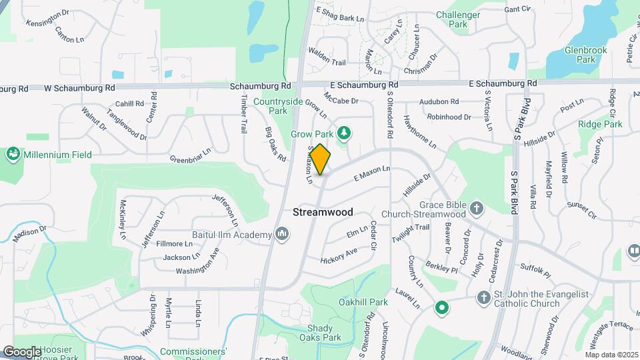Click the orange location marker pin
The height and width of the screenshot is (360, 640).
click(x=320, y=159)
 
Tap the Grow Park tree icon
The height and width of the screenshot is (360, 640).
click(x=344, y=133)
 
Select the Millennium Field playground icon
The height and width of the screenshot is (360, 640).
click(x=13, y=155)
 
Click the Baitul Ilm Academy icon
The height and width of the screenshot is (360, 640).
click(x=282, y=234)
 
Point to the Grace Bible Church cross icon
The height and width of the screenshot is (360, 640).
click(x=477, y=208)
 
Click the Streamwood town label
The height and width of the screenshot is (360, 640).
click(x=323, y=212)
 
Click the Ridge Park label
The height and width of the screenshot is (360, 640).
click(x=600, y=124)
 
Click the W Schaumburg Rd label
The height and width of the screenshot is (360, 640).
click(x=79, y=87)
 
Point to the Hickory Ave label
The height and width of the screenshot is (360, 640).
click(x=339, y=255)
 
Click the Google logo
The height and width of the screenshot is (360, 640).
click(x=21, y=351)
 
